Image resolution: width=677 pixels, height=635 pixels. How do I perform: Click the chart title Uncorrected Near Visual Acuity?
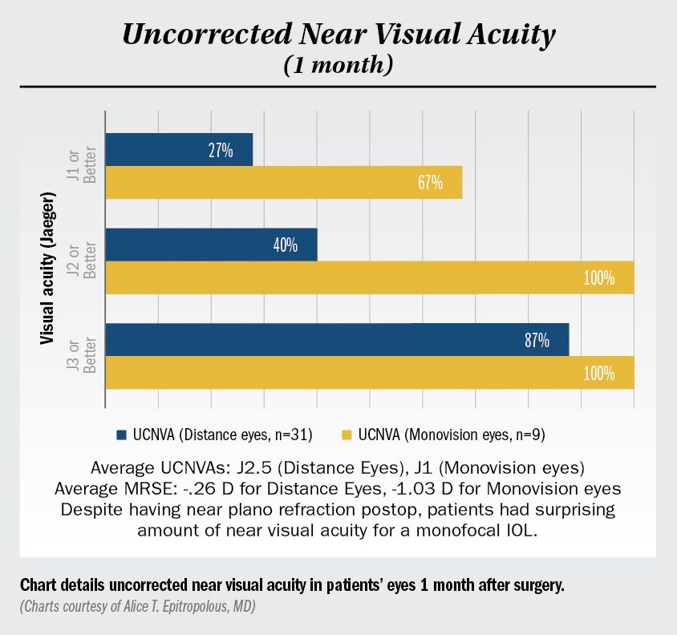point(338,34)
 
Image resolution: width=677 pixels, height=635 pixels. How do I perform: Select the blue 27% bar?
point(178,149)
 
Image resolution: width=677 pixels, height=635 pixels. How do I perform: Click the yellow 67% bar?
point(283,183)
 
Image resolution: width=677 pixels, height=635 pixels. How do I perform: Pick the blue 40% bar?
point(210,245)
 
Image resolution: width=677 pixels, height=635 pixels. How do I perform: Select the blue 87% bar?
point(337,340)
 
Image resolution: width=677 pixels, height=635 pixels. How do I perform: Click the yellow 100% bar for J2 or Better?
point(369,277)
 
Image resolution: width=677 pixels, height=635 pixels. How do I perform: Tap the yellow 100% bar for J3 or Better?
point(369,373)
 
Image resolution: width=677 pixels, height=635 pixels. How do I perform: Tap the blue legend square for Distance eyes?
point(122,434)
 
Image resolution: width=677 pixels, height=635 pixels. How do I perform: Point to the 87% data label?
point(537,341)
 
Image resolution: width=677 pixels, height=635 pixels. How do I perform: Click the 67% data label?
point(430,183)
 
